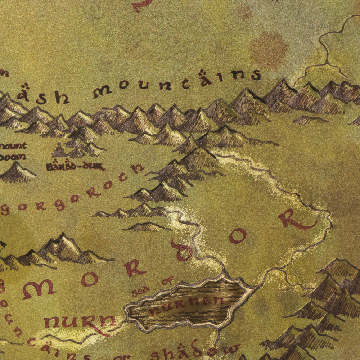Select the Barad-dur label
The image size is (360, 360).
(75, 167)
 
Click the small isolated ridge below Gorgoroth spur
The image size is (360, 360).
(146, 227)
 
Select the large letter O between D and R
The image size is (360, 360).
(238, 236)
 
